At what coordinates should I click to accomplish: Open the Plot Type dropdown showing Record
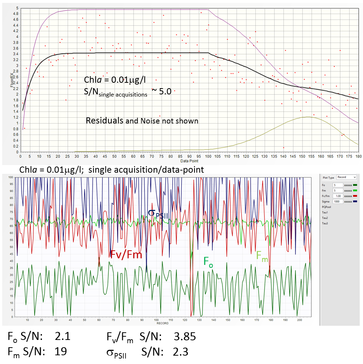point(346,177)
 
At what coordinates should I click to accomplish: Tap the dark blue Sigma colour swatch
point(355,201)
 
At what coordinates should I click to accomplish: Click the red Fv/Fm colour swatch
point(355,196)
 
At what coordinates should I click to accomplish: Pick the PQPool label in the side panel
point(327,207)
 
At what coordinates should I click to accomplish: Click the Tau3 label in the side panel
point(325,223)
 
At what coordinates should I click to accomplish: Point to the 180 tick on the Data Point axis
point(358,156)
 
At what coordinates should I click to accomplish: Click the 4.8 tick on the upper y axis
point(16,14)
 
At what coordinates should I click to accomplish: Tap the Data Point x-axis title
point(189,161)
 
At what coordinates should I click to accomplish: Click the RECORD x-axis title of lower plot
point(162,323)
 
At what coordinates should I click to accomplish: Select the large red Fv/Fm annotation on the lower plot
point(126,254)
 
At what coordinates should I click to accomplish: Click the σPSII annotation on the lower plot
point(158,214)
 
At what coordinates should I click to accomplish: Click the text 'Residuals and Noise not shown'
point(142,121)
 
